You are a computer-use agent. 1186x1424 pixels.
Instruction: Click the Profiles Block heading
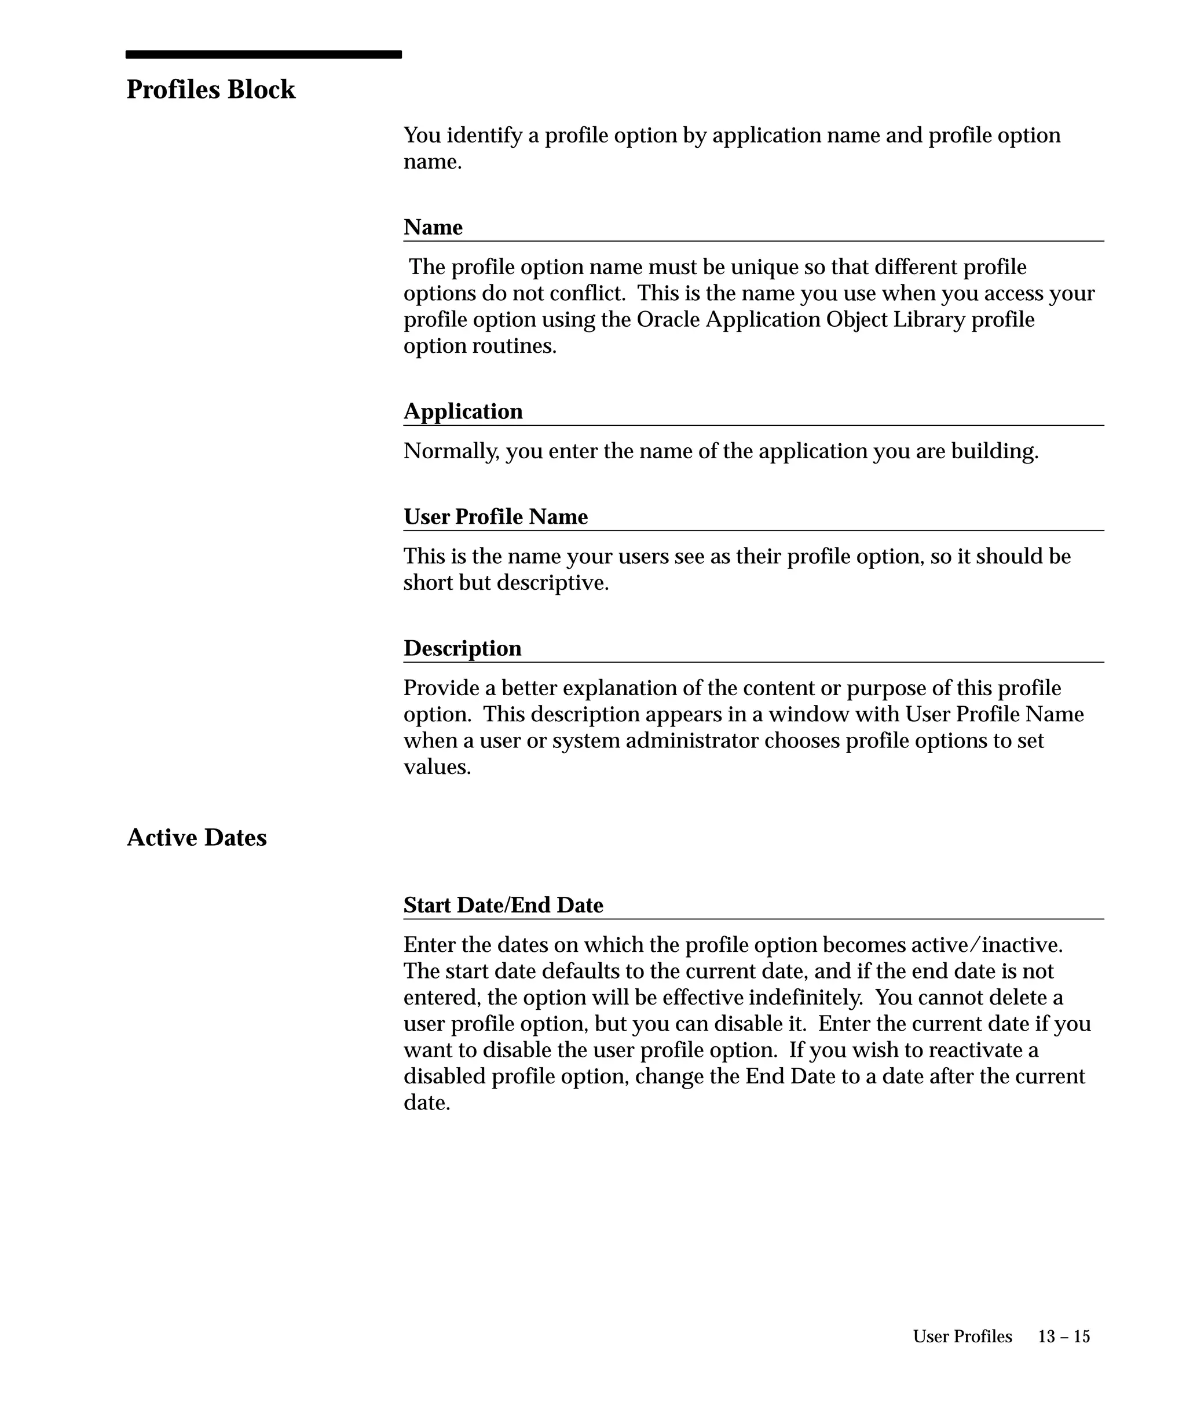[x=211, y=90]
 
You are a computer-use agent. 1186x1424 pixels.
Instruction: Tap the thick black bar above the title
[x=263, y=54]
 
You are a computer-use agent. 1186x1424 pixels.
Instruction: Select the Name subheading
[x=433, y=227]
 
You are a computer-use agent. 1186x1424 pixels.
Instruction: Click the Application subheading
[x=463, y=411]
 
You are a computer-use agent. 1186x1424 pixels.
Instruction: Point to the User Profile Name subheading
[x=495, y=517]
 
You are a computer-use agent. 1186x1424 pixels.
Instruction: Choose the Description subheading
[x=462, y=648]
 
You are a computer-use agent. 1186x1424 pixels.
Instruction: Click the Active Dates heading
[x=196, y=838]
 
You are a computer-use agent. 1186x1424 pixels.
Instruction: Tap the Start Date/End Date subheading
[x=503, y=905]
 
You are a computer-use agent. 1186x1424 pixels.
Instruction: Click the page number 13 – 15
[x=1063, y=1337]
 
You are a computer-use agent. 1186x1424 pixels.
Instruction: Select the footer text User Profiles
[x=962, y=1337]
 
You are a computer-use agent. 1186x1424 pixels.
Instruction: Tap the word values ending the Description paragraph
[x=437, y=767]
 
